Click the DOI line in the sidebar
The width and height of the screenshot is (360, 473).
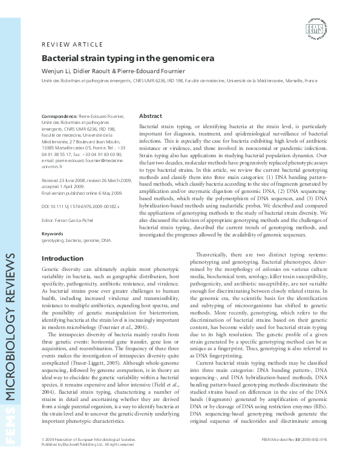(80, 206)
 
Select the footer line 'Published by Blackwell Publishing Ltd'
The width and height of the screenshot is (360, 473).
(83, 460)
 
